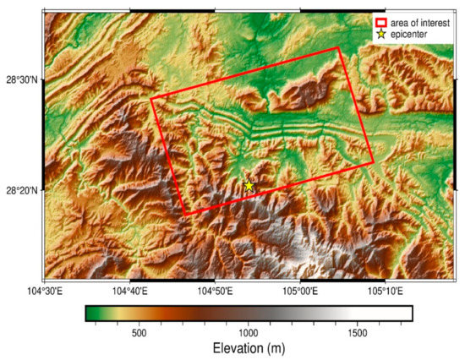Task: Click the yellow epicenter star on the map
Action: pos(249,186)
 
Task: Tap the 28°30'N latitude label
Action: pos(21,79)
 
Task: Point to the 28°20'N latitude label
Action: pos(21,191)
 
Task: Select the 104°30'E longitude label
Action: pos(44,291)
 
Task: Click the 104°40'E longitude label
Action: pos(129,291)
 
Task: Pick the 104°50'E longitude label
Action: pos(215,291)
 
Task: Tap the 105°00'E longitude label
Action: pos(300,291)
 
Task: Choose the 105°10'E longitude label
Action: pos(385,291)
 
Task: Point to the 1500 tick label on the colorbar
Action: pos(358,333)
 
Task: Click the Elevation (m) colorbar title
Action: pos(249,349)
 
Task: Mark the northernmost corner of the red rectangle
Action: pos(338,47)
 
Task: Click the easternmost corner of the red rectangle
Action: pos(373,163)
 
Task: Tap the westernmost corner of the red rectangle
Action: pos(150,99)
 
